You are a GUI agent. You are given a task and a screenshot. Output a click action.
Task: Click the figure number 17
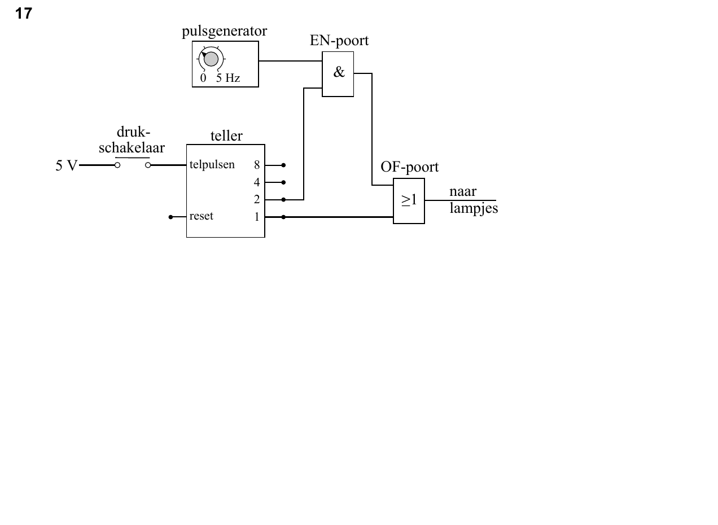tap(23, 14)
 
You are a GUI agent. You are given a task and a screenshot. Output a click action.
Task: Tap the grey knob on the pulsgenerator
tap(211, 59)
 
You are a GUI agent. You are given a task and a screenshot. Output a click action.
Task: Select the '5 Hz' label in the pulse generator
tap(228, 78)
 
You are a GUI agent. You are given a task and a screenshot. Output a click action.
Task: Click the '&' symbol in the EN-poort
tap(339, 72)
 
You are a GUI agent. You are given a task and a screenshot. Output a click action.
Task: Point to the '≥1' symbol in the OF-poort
tap(409, 200)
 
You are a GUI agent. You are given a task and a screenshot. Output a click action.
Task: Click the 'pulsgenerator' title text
tap(225, 32)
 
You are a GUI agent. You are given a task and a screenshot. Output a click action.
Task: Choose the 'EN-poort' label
tap(339, 41)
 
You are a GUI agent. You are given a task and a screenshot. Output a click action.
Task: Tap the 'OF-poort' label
tap(409, 167)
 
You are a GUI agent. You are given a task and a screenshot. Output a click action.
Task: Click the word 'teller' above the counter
tap(226, 136)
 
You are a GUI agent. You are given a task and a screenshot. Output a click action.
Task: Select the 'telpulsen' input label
tap(212, 165)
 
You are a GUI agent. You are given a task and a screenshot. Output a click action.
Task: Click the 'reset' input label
tap(202, 216)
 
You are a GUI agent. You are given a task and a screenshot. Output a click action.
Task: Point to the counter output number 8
tap(257, 165)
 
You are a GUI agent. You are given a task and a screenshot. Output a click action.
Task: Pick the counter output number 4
tap(257, 182)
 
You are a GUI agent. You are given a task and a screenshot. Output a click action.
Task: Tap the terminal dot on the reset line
tap(170, 217)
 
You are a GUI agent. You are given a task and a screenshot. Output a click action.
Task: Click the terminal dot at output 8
tap(283, 165)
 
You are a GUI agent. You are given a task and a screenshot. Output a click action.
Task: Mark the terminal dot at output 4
tap(283, 182)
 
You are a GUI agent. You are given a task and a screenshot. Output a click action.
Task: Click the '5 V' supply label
tap(67, 166)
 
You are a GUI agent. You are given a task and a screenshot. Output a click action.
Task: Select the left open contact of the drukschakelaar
tap(117, 165)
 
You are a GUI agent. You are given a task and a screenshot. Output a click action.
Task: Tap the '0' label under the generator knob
tap(203, 78)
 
